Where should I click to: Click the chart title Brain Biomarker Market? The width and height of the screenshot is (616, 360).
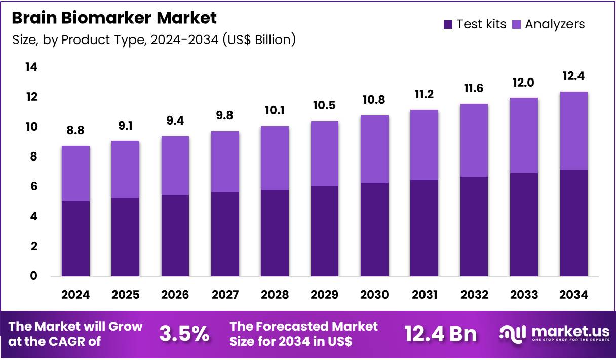pyautogui.click(x=114, y=18)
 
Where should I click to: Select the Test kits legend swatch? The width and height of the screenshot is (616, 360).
pyautogui.click(x=448, y=24)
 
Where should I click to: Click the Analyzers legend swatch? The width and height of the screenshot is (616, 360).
pyautogui.click(x=517, y=24)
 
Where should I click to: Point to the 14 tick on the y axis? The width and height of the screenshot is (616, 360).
pyautogui.click(x=31, y=67)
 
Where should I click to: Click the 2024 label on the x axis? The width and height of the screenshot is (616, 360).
pyautogui.click(x=75, y=295)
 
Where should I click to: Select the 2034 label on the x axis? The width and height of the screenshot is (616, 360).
pyautogui.click(x=573, y=295)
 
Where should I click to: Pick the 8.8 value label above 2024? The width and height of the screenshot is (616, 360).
pyautogui.click(x=75, y=131)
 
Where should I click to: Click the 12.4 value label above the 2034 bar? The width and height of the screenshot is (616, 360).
pyautogui.click(x=573, y=76)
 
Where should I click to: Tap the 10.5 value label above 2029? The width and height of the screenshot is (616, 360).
pyautogui.click(x=324, y=106)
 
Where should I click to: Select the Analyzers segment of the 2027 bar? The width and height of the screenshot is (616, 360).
pyautogui.click(x=225, y=162)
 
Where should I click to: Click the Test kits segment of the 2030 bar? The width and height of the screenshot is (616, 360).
pyautogui.click(x=374, y=230)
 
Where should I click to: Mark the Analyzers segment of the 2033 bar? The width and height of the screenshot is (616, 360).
pyautogui.click(x=524, y=135)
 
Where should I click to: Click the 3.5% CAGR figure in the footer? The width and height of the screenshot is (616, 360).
pyautogui.click(x=184, y=334)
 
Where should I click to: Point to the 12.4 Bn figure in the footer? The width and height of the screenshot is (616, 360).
pyautogui.click(x=440, y=334)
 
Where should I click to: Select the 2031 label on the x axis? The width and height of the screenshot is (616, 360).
pyautogui.click(x=424, y=295)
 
